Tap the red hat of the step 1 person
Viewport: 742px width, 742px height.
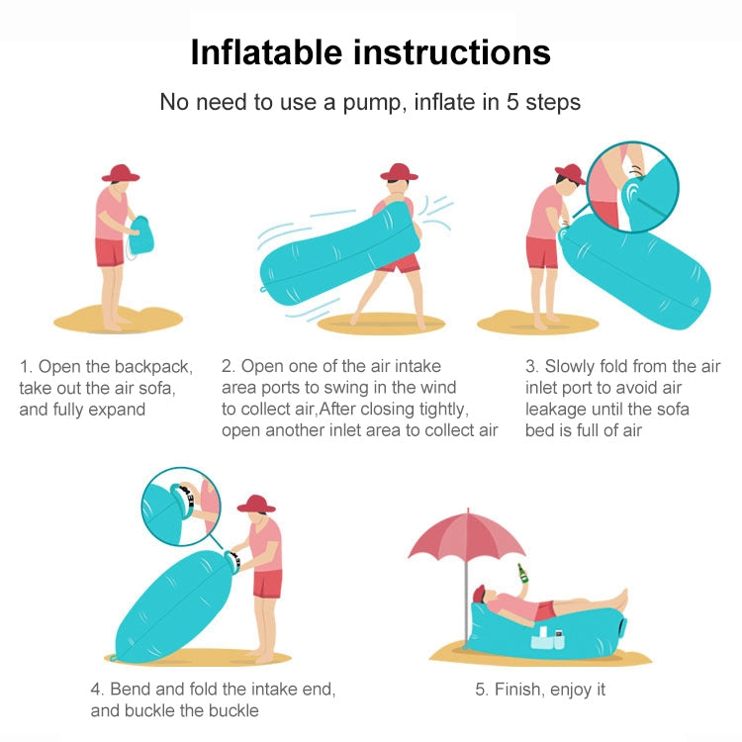[x=121, y=173]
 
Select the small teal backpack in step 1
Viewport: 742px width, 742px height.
[x=148, y=234]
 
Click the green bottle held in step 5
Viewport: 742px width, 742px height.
[x=520, y=575]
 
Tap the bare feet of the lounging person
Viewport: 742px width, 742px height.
[x=619, y=598]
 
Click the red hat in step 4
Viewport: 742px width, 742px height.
[x=256, y=503]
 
